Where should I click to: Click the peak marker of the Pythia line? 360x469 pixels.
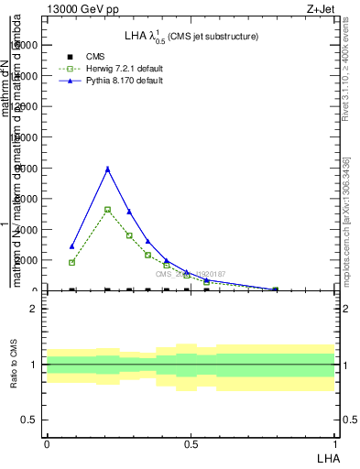[x=108, y=169]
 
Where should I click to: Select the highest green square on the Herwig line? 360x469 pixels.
[x=108, y=210]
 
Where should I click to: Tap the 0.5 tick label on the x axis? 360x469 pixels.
[x=191, y=444]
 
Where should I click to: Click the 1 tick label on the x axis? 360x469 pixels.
[x=335, y=444]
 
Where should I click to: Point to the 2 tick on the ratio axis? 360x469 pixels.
[x=33, y=309]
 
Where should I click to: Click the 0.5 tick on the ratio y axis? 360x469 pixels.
[x=29, y=420]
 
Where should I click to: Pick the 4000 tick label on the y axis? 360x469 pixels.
[x=24, y=230]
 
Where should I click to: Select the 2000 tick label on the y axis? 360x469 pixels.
[x=24, y=260]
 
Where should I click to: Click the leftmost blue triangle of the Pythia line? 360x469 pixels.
[x=71, y=246]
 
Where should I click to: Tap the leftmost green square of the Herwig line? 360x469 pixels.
[x=71, y=262]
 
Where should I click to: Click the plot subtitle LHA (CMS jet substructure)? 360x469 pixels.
[x=191, y=37]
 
